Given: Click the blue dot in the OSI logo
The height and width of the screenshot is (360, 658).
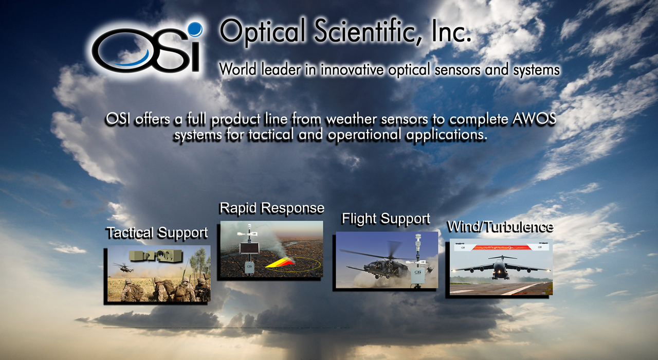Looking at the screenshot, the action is click(195, 29).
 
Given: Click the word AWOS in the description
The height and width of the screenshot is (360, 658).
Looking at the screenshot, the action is click(534, 119).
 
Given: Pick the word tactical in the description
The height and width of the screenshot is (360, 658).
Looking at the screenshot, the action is click(270, 135).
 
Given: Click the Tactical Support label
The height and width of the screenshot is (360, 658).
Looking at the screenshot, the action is click(157, 233).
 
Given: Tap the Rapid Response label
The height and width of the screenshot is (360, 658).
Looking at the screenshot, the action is click(272, 208).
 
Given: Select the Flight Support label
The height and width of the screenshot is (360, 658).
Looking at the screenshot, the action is click(386, 219).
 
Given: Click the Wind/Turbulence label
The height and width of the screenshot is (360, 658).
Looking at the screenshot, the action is click(500, 227).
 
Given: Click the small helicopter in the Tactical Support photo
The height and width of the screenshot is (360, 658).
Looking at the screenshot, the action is click(123, 267).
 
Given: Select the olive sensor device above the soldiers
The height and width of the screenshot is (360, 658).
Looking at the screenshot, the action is click(156, 256).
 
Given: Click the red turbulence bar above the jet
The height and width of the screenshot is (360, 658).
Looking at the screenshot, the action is click(501, 248).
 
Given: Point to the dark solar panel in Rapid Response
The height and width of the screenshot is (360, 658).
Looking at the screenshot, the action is click(249, 248).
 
